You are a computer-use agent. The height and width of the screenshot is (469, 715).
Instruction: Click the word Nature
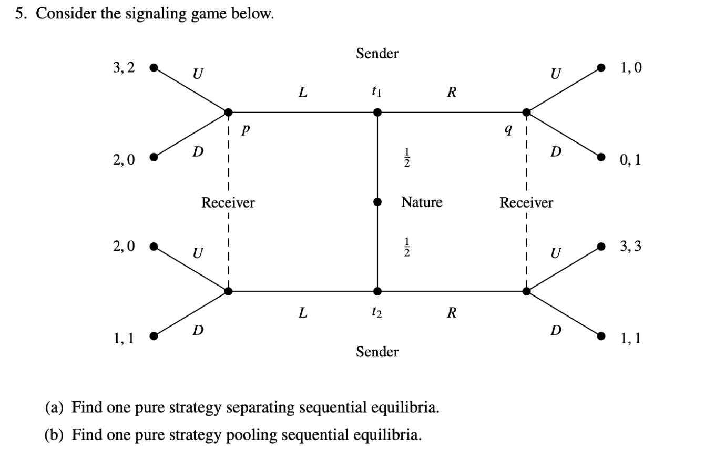pos(422,202)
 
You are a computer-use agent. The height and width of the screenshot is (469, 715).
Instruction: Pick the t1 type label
pos(376,93)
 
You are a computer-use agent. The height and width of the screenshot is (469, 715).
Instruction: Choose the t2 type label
pos(376,313)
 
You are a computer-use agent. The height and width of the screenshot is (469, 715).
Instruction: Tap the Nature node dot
pos(377,202)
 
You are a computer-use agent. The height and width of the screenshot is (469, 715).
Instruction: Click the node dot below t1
pos(377,112)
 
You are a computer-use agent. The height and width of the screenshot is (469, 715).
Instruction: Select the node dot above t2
pos(377,291)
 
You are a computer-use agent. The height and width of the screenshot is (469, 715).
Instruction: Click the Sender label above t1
pos(377,53)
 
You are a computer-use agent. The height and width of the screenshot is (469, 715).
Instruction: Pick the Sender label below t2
pos(377,351)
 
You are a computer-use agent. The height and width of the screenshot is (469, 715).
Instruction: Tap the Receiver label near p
pos(228,202)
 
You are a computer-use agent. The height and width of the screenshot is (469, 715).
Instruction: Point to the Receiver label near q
pos(526,202)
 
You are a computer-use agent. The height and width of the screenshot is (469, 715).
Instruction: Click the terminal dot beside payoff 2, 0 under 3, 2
pos(154,157)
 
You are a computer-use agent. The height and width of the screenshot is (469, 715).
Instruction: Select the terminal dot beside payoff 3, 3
pos(602,246)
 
